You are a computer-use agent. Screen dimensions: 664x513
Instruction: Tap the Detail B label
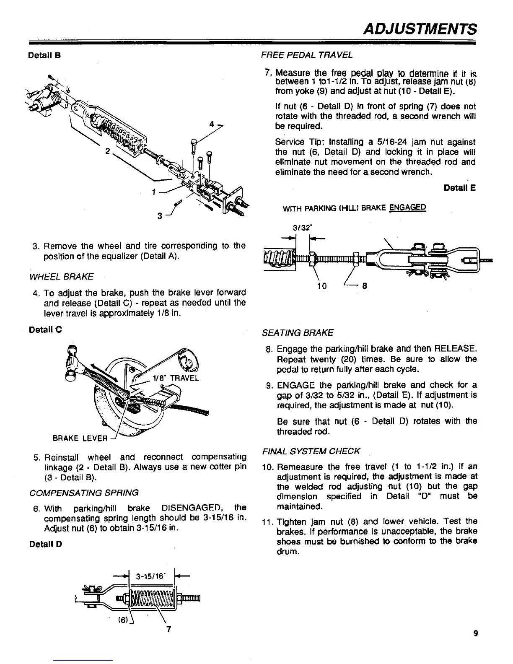pyautogui.click(x=45, y=55)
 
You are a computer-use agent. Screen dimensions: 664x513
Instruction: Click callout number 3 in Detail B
pyautogui.click(x=160, y=216)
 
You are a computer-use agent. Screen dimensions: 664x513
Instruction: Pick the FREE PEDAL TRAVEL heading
pyautogui.click(x=307, y=55)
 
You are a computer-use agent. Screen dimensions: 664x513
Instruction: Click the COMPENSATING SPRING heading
pyautogui.click(x=84, y=492)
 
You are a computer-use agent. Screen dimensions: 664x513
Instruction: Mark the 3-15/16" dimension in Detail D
pyautogui.click(x=150, y=575)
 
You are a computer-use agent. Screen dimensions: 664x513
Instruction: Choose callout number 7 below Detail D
pyautogui.click(x=168, y=629)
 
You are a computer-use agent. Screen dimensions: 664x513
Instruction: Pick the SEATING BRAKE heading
pyautogui.click(x=297, y=333)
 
